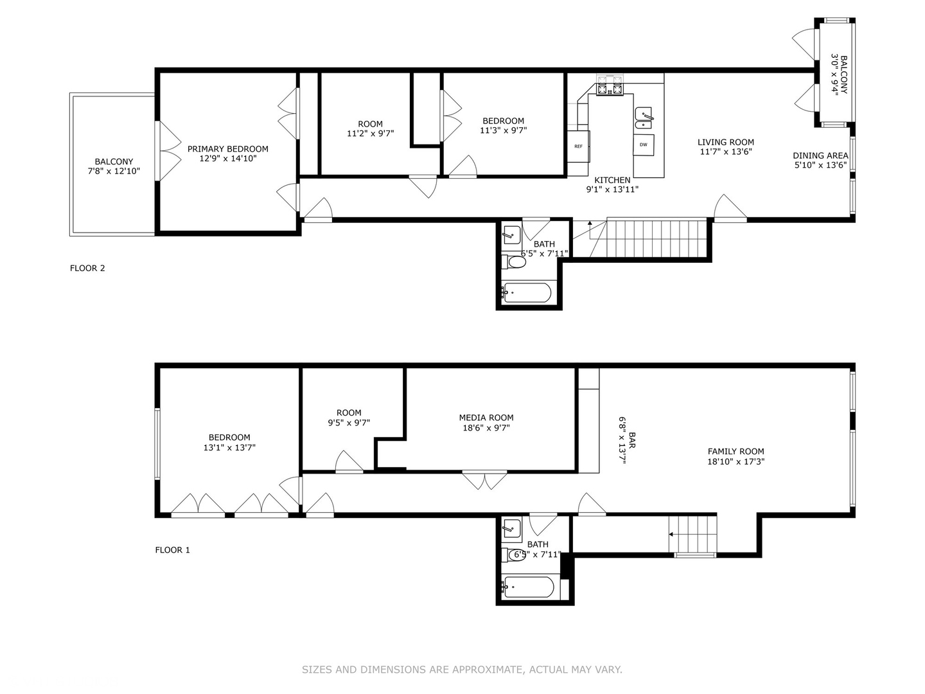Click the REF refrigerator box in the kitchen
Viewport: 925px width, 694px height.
point(578,147)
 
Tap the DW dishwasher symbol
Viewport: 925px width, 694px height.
point(644,145)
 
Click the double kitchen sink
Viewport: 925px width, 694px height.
point(644,120)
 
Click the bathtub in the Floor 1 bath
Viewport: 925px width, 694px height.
point(527,587)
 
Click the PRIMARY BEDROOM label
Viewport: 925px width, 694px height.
point(228,148)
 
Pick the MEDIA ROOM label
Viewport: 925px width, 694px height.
point(486,418)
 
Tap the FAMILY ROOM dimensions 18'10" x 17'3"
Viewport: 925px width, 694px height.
point(736,461)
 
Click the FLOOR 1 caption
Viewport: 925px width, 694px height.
point(172,550)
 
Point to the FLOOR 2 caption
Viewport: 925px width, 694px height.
point(87,268)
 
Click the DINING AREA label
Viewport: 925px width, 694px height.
point(820,156)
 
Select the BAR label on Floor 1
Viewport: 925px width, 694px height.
point(632,440)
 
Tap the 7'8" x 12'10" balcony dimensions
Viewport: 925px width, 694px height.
point(114,171)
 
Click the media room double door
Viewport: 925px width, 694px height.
point(484,479)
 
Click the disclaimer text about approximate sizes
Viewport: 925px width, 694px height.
point(462,670)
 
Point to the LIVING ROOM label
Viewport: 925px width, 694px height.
point(726,142)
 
